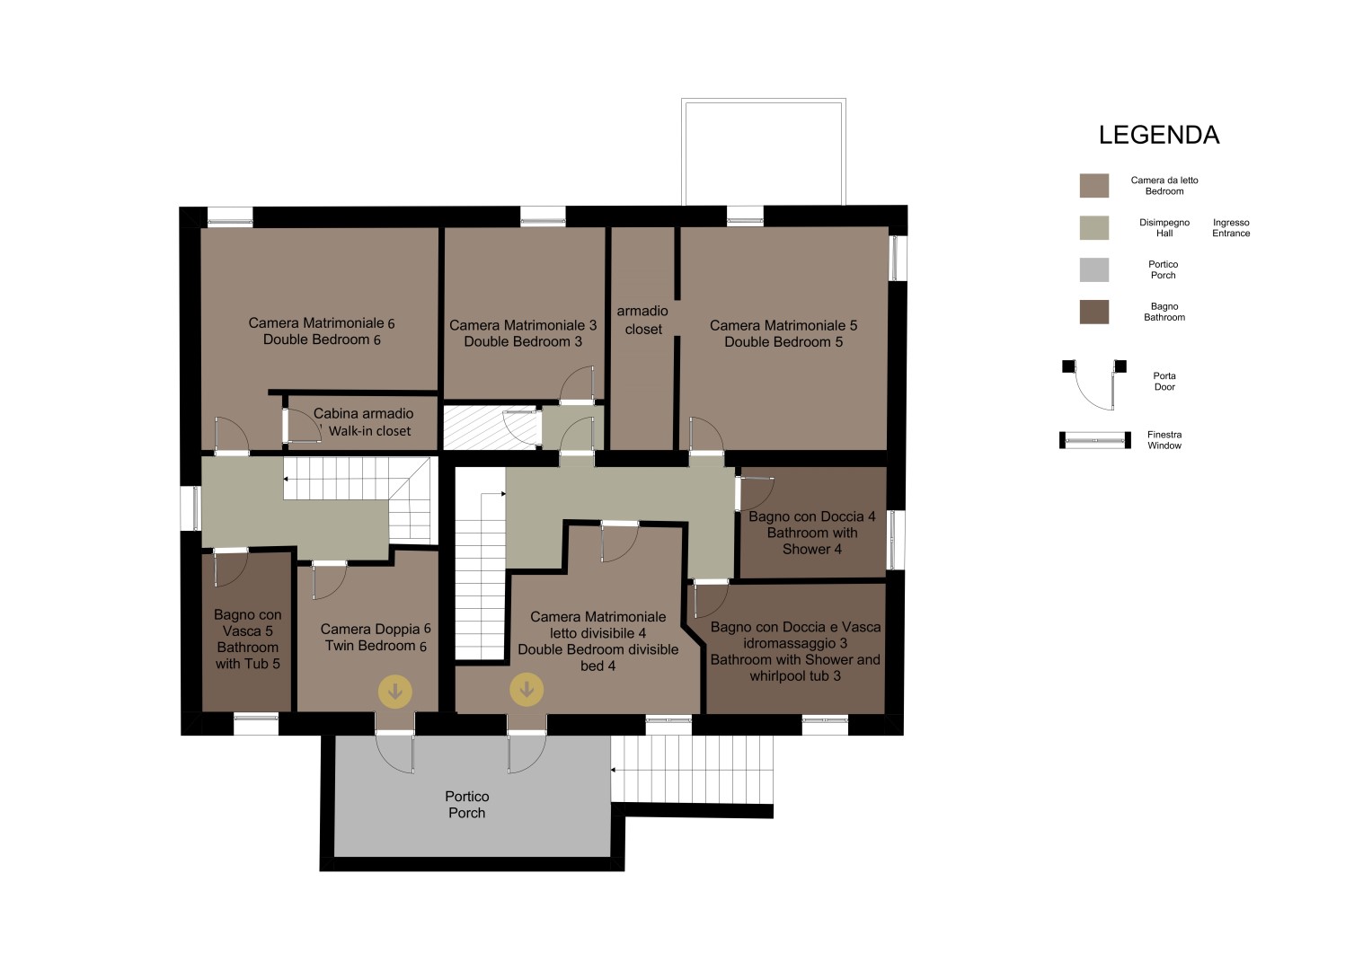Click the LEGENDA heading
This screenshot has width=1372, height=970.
click(x=1159, y=136)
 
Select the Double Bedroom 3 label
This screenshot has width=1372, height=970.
click(x=522, y=341)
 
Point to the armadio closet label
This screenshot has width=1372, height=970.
click(x=642, y=321)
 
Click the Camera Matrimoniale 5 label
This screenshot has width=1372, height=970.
click(x=783, y=325)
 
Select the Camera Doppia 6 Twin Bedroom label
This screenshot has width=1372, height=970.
click(x=376, y=638)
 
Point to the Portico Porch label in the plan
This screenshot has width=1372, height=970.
click(x=466, y=805)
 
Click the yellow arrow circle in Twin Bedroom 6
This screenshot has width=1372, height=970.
click(x=395, y=692)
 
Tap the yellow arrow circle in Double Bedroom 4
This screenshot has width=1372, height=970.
click(x=527, y=690)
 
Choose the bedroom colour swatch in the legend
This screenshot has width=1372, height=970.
click(x=1094, y=186)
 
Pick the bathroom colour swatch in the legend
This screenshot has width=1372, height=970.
click(x=1094, y=312)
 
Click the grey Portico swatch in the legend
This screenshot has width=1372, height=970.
click(x=1094, y=269)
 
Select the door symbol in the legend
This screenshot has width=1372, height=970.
click(x=1094, y=384)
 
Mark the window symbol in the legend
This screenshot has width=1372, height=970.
click(x=1095, y=440)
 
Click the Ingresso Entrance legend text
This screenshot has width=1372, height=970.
click(x=1231, y=228)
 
